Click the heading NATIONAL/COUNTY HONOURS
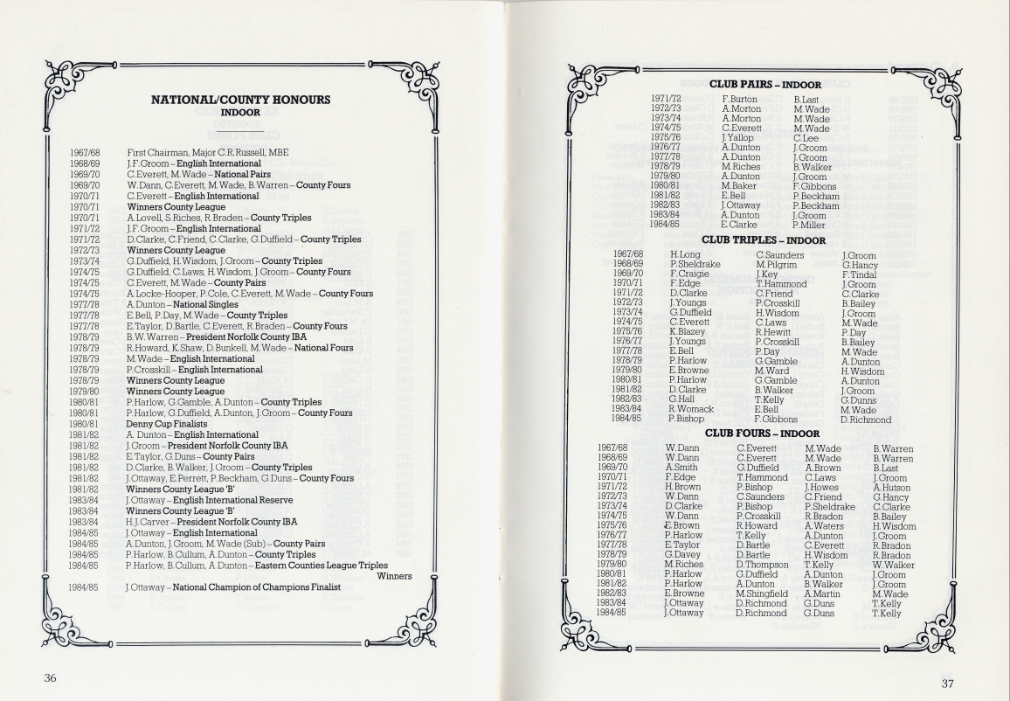pyautogui.click(x=241, y=100)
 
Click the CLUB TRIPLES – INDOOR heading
pyautogui.click(x=764, y=239)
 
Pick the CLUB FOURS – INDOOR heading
pyautogui.click(x=763, y=433)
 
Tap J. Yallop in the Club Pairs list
pyautogui.click(x=737, y=137)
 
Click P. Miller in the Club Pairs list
pyautogui.click(x=809, y=225)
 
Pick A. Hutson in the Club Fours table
pyautogui.click(x=893, y=488)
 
